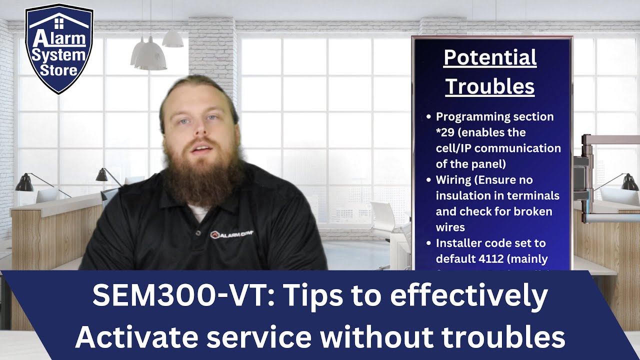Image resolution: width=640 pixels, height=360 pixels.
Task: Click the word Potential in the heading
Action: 490,58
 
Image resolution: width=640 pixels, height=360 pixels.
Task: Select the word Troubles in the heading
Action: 490,86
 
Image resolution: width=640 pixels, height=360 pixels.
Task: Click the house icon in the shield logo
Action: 59,22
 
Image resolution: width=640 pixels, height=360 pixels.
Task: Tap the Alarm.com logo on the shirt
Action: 231,234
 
